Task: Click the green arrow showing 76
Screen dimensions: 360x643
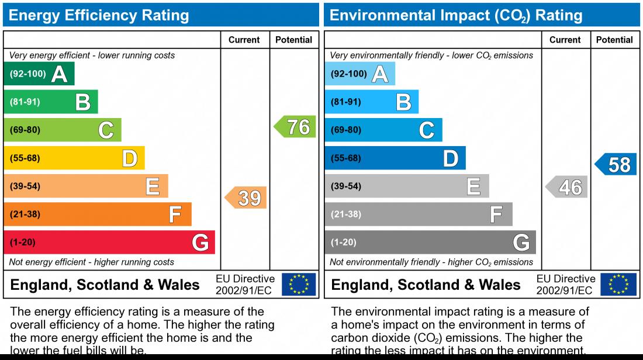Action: coord(296,127)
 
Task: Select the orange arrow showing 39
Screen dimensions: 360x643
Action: coord(247,198)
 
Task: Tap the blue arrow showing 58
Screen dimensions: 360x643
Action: coord(617,165)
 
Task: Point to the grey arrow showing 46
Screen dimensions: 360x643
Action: coord(567,187)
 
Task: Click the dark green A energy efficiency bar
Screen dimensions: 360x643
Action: coord(39,74)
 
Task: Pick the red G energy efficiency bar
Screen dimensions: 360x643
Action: coord(109,242)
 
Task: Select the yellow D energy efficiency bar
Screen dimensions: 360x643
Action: coord(74,158)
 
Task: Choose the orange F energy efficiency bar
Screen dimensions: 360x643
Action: coord(98,214)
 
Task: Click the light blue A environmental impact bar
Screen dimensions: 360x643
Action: coord(359,74)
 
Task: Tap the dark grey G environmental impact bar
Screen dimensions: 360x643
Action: coord(430,242)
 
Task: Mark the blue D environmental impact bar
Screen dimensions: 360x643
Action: coord(395,158)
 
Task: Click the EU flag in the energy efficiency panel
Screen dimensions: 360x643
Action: coord(299,285)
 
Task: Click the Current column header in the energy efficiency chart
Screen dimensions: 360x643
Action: coord(244,40)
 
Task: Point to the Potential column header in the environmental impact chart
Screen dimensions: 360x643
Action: coord(614,40)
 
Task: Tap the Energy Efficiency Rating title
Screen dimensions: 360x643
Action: coord(99,15)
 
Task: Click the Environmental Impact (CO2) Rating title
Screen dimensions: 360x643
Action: coord(456,15)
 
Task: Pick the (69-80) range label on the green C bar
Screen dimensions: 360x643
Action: coord(25,130)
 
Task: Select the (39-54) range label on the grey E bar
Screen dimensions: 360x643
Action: coord(346,186)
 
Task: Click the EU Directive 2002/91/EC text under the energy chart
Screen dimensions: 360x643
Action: coord(245,285)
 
